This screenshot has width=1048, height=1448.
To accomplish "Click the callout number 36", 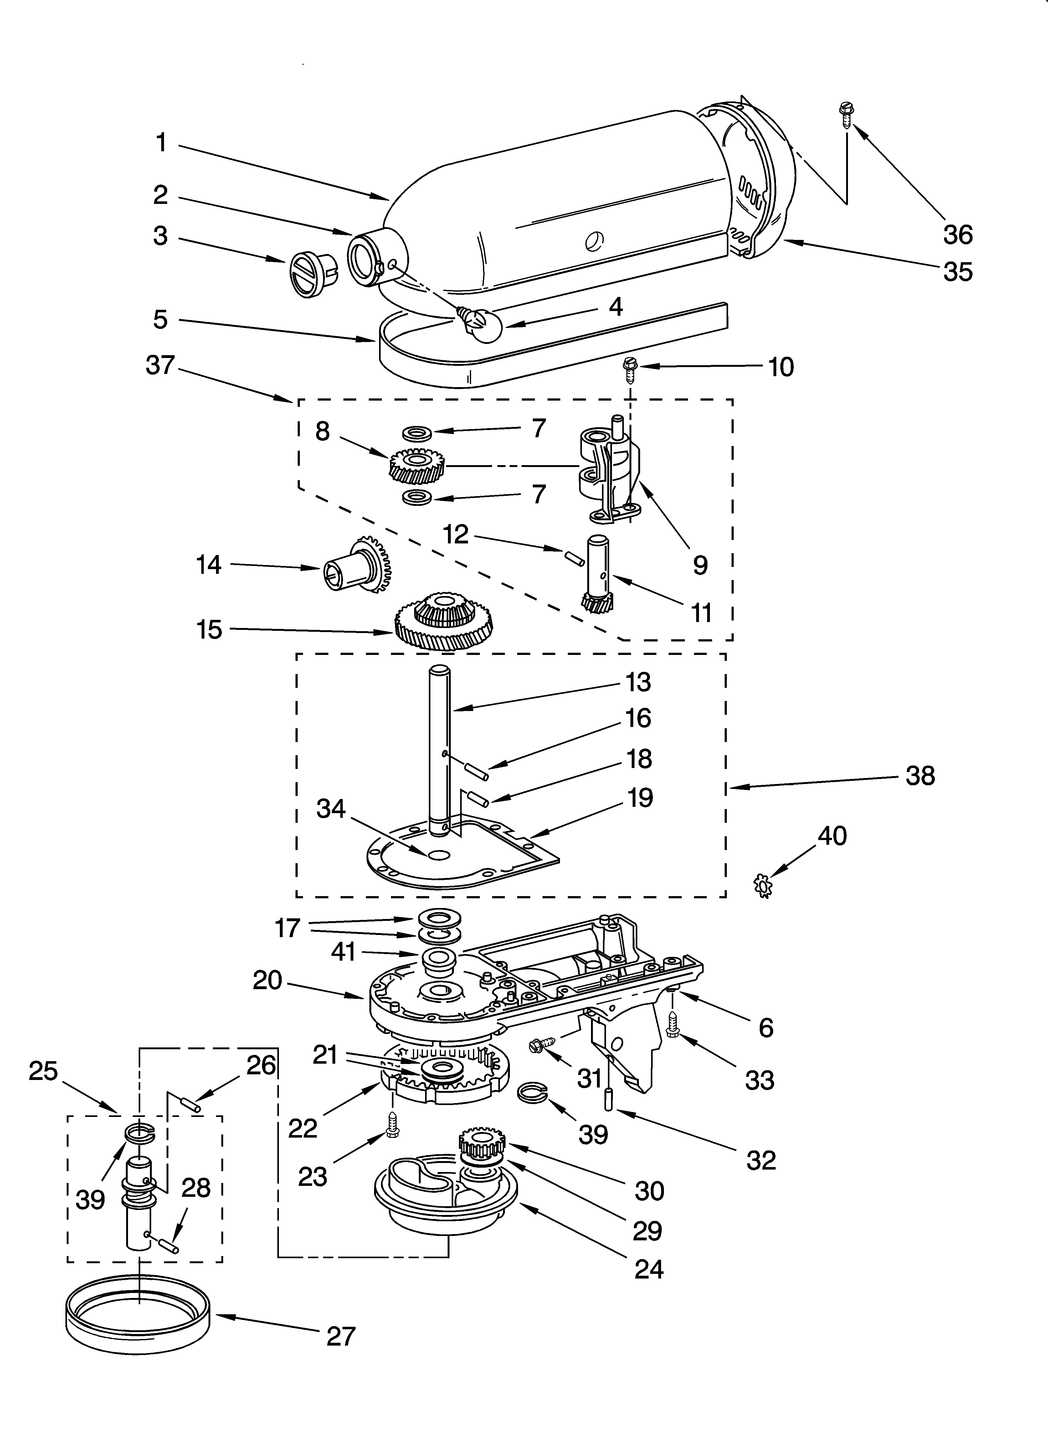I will (x=958, y=235).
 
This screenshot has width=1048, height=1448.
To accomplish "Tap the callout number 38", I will (x=920, y=776).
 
